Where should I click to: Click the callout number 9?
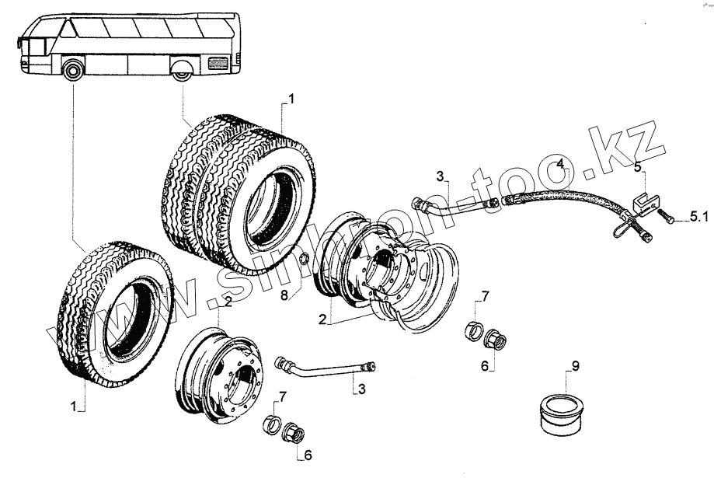click(575, 365)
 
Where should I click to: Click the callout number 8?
click(284, 295)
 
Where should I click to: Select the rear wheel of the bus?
click(183, 73)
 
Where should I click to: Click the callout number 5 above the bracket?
click(636, 166)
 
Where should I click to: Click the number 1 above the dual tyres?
click(291, 99)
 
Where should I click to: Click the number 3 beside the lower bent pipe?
click(361, 389)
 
